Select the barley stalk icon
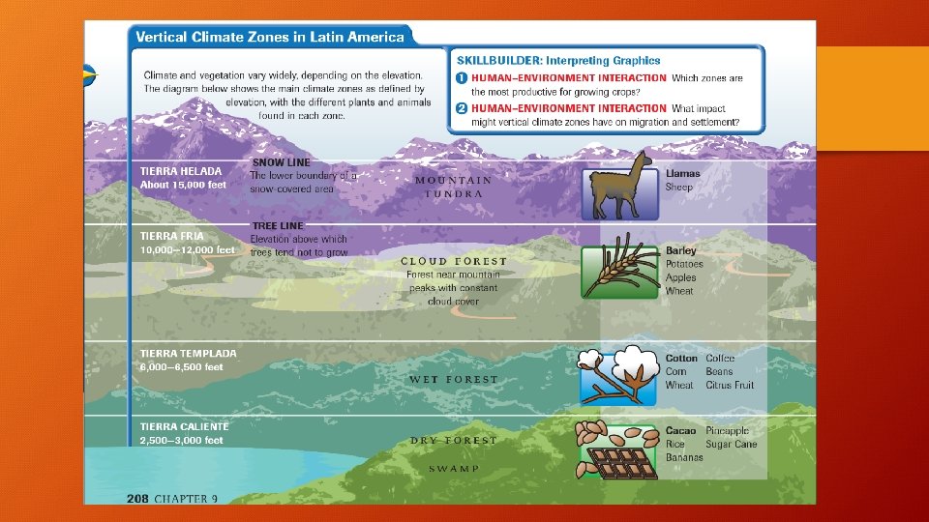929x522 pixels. (619, 271)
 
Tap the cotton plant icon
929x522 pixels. (619, 375)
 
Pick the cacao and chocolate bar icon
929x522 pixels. (619, 450)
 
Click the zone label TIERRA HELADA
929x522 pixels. (181, 171)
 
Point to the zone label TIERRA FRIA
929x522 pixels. (172, 236)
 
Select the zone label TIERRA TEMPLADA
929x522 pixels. (188, 353)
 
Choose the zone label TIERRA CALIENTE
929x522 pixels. (185, 426)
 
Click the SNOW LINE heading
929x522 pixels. (281, 162)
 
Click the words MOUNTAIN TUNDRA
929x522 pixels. (453, 187)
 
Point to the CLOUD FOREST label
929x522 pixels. (454, 261)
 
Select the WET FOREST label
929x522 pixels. (454, 379)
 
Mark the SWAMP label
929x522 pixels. (454, 468)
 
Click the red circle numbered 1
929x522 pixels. (463, 77)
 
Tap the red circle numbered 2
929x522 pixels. (463, 108)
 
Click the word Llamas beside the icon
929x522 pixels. (682, 173)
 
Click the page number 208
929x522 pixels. (136, 498)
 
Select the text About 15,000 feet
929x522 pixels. (183, 185)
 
